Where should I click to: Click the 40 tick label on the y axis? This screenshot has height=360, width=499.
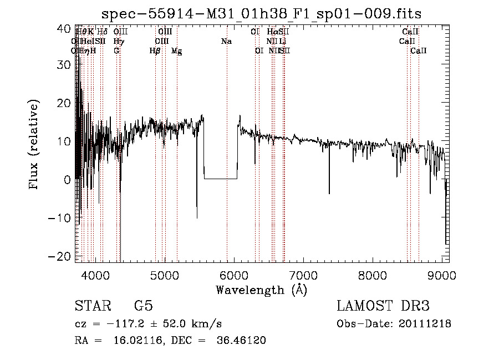click(65, 28)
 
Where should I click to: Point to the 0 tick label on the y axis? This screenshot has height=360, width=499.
click(68, 180)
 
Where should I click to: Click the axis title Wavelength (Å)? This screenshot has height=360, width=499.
click(261, 290)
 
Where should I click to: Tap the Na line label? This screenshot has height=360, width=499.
click(226, 42)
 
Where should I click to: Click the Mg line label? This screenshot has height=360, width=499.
click(176, 51)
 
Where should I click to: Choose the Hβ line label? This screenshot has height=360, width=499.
click(155, 51)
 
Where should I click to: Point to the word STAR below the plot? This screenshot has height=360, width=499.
click(93, 307)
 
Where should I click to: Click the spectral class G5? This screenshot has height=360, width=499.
click(143, 307)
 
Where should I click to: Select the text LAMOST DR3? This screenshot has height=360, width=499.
click(383, 307)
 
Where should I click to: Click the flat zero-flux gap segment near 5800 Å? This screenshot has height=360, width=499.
click(221, 179)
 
